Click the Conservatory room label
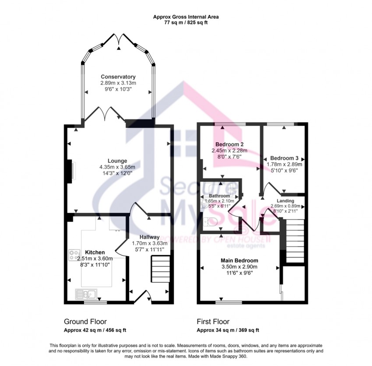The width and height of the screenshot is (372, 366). click(118, 77)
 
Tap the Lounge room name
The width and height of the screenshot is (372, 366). click(118, 161)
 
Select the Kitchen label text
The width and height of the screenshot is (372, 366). click(95, 252)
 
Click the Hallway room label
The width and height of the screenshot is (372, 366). click(149, 237)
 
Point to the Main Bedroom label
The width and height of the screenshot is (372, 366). click(239, 260)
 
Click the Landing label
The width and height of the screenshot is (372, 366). click(285, 201)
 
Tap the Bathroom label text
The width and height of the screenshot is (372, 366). click(219, 196)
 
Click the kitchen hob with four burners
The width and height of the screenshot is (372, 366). click(74, 255)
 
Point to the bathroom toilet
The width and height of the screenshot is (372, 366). click(211, 222)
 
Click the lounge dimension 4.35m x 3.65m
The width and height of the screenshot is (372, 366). click(117, 167)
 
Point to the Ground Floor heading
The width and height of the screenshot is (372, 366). click(85, 322)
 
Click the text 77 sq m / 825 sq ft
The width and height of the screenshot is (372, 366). click(186, 23)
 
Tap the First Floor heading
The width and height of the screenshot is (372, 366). click(213, 322)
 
